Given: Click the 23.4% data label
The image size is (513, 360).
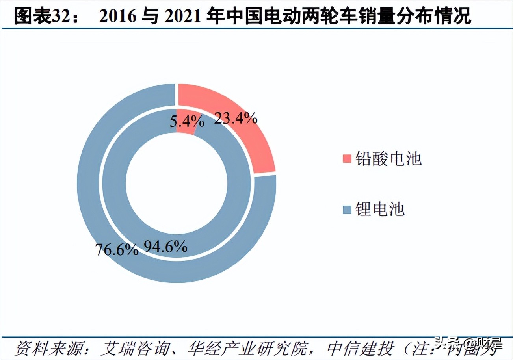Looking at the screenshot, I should click(x=235, y=118).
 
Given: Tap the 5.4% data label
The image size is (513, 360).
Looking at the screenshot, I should click(x=187, y=121).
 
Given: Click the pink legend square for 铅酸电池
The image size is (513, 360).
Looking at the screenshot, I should click(x=346, y=159).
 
